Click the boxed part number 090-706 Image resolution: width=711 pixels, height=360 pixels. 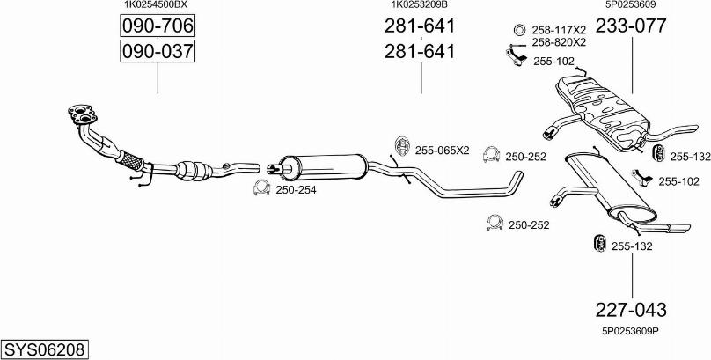click(x=157, y=26)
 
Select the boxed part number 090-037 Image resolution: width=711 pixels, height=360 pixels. click(x=157, y=52)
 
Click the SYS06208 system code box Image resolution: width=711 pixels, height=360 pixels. click(x=46, y=349)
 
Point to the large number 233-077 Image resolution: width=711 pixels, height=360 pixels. click(x=631, y=26)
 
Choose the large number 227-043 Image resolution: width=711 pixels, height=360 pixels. click(x=631, y=310)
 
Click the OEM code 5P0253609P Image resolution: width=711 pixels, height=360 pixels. click(x=630, y=332)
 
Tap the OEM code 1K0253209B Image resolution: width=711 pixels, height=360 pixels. click(x=419, y=5)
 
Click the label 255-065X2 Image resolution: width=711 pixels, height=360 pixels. click(x=442, y=150)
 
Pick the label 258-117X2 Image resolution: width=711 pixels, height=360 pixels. click(x=558, y=29)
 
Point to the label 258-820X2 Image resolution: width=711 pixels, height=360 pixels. click(x=558, y=41)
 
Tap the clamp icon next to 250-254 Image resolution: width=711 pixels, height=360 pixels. click(x=261, y=187)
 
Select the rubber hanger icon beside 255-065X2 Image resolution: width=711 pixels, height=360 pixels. click(x=400, y=146)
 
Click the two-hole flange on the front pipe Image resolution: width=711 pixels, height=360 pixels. click(x=80, y=114)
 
